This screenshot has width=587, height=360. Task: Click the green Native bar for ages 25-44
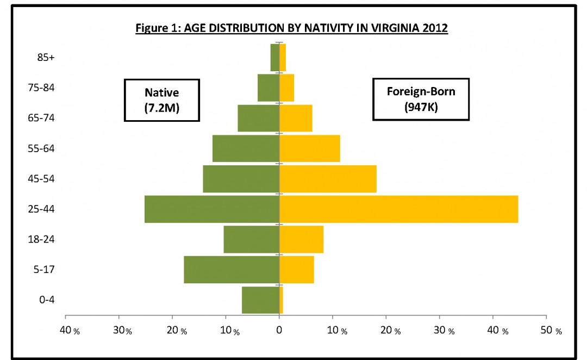click(212, 209)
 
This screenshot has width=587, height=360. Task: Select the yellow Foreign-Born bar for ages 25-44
click(398, 209)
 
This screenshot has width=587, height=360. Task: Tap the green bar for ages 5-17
click(232, 269)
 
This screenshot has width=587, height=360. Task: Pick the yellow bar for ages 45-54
click(328, 178)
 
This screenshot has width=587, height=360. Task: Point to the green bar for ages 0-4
click(260, 300)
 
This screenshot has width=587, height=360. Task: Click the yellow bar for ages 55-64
click(310, 148)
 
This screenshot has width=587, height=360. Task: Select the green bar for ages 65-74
click(258, 118)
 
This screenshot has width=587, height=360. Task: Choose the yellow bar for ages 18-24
click(301, 239)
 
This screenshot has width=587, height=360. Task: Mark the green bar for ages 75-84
click(268, 88)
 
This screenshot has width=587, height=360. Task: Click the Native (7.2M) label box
click(162, 100)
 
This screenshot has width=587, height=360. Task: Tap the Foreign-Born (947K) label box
click(421, 99)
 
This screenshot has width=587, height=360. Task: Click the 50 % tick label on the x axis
click(551, 331)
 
